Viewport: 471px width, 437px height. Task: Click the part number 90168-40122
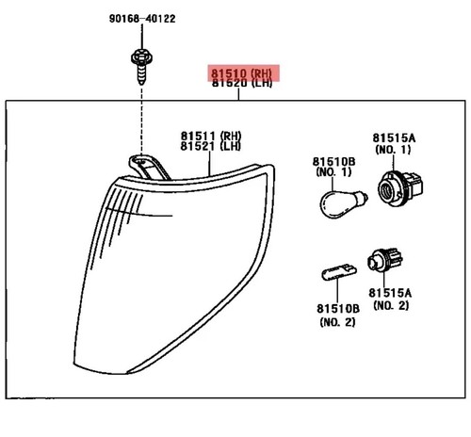pos(142,19)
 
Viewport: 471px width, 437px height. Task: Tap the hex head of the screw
pos(141,57)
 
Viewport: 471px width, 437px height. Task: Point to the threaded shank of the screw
pos(141,74)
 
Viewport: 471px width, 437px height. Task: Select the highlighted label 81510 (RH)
pos(241,73)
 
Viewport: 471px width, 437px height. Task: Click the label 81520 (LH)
pos(241,83)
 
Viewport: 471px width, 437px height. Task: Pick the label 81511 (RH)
pos(211,136)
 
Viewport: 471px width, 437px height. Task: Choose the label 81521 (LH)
pos(211,146)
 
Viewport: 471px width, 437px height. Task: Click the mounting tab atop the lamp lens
pos(148,167)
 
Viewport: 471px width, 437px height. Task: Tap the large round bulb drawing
pos(343,203)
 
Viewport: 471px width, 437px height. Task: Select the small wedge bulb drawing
pos(339,272)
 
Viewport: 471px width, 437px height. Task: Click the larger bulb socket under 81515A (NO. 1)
pos(399,189)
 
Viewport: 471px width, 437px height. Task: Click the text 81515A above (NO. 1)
pos(394,138)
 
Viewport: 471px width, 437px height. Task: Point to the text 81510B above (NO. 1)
pos(333,162)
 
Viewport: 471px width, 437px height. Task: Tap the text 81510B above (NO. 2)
pos(338,309)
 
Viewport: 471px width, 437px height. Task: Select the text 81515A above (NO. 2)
pos(390,293)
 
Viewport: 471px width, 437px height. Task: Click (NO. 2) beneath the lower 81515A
pos(391,305)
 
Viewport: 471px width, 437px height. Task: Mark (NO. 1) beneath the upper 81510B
pos(333,172)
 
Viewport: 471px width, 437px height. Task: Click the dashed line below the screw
pos(141,121)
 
